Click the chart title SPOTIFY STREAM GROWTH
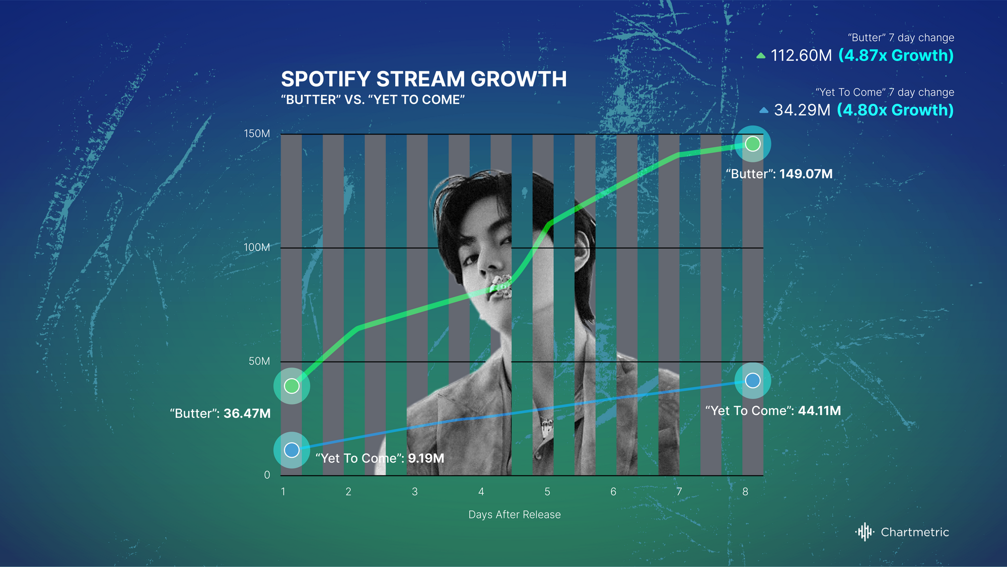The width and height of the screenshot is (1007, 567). click(424, 79)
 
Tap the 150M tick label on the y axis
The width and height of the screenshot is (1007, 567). click(257, 134)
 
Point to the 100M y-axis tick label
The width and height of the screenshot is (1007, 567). click(257, 248)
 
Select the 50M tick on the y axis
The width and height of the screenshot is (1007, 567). click(259, 362)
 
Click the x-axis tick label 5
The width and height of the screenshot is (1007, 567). click(547, 492)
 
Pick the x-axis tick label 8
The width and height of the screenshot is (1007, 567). click(745, 492)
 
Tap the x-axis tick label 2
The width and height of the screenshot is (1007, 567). click(348, 492)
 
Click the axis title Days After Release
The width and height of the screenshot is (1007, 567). click(515, 515)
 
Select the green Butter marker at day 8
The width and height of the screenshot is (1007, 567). click(753, 144)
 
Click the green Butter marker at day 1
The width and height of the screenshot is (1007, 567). click(292, 386)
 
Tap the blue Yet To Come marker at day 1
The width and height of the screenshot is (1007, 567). click(292, 450)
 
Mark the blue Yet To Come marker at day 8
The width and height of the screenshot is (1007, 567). click(753, 381)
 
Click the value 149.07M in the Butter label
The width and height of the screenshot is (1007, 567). click(806, 174)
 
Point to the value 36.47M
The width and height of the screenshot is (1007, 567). click(247, 414)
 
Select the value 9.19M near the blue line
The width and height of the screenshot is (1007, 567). click(426, 459)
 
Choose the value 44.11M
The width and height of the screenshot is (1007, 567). click(820, 411)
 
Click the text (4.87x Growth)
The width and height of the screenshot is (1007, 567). click(896, 56)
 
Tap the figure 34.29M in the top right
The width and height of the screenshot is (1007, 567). click(802, 110)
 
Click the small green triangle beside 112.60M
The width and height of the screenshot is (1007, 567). click(761, 56)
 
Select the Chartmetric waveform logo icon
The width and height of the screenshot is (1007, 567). click(865, 532)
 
